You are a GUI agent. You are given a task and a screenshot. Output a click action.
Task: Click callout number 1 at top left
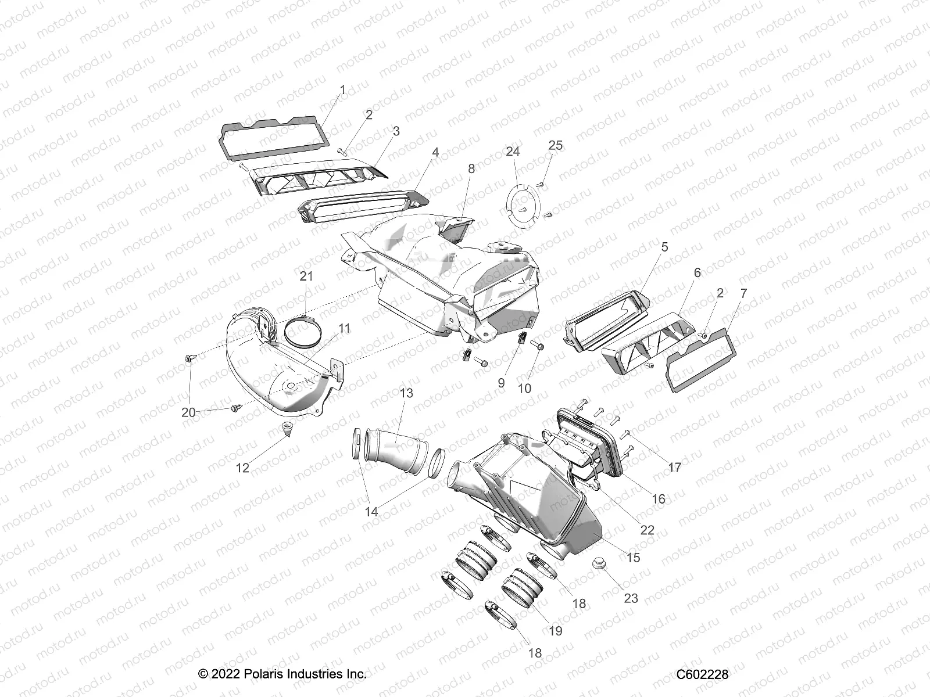coord(342,90)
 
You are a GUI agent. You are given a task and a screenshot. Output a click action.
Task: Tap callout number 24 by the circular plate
coord(512,152)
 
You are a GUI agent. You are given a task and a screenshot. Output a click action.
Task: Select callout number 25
coord(556,145)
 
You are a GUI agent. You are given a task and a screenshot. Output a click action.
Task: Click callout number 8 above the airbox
coord(471,168)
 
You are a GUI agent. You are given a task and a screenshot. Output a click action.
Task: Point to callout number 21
coord(306,276)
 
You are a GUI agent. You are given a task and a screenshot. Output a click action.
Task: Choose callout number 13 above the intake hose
coord(406,393)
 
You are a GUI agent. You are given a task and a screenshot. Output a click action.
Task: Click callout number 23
coord(631,598)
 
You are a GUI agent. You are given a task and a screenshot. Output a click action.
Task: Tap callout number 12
coord(242,468)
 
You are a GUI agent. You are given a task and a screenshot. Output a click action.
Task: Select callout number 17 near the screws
coord(674,467)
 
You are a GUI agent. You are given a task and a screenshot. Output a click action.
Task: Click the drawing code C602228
coord(702,674)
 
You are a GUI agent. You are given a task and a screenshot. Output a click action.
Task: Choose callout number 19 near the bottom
coord(556,631)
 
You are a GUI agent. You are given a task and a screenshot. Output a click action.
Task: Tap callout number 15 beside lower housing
coord(634,557)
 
